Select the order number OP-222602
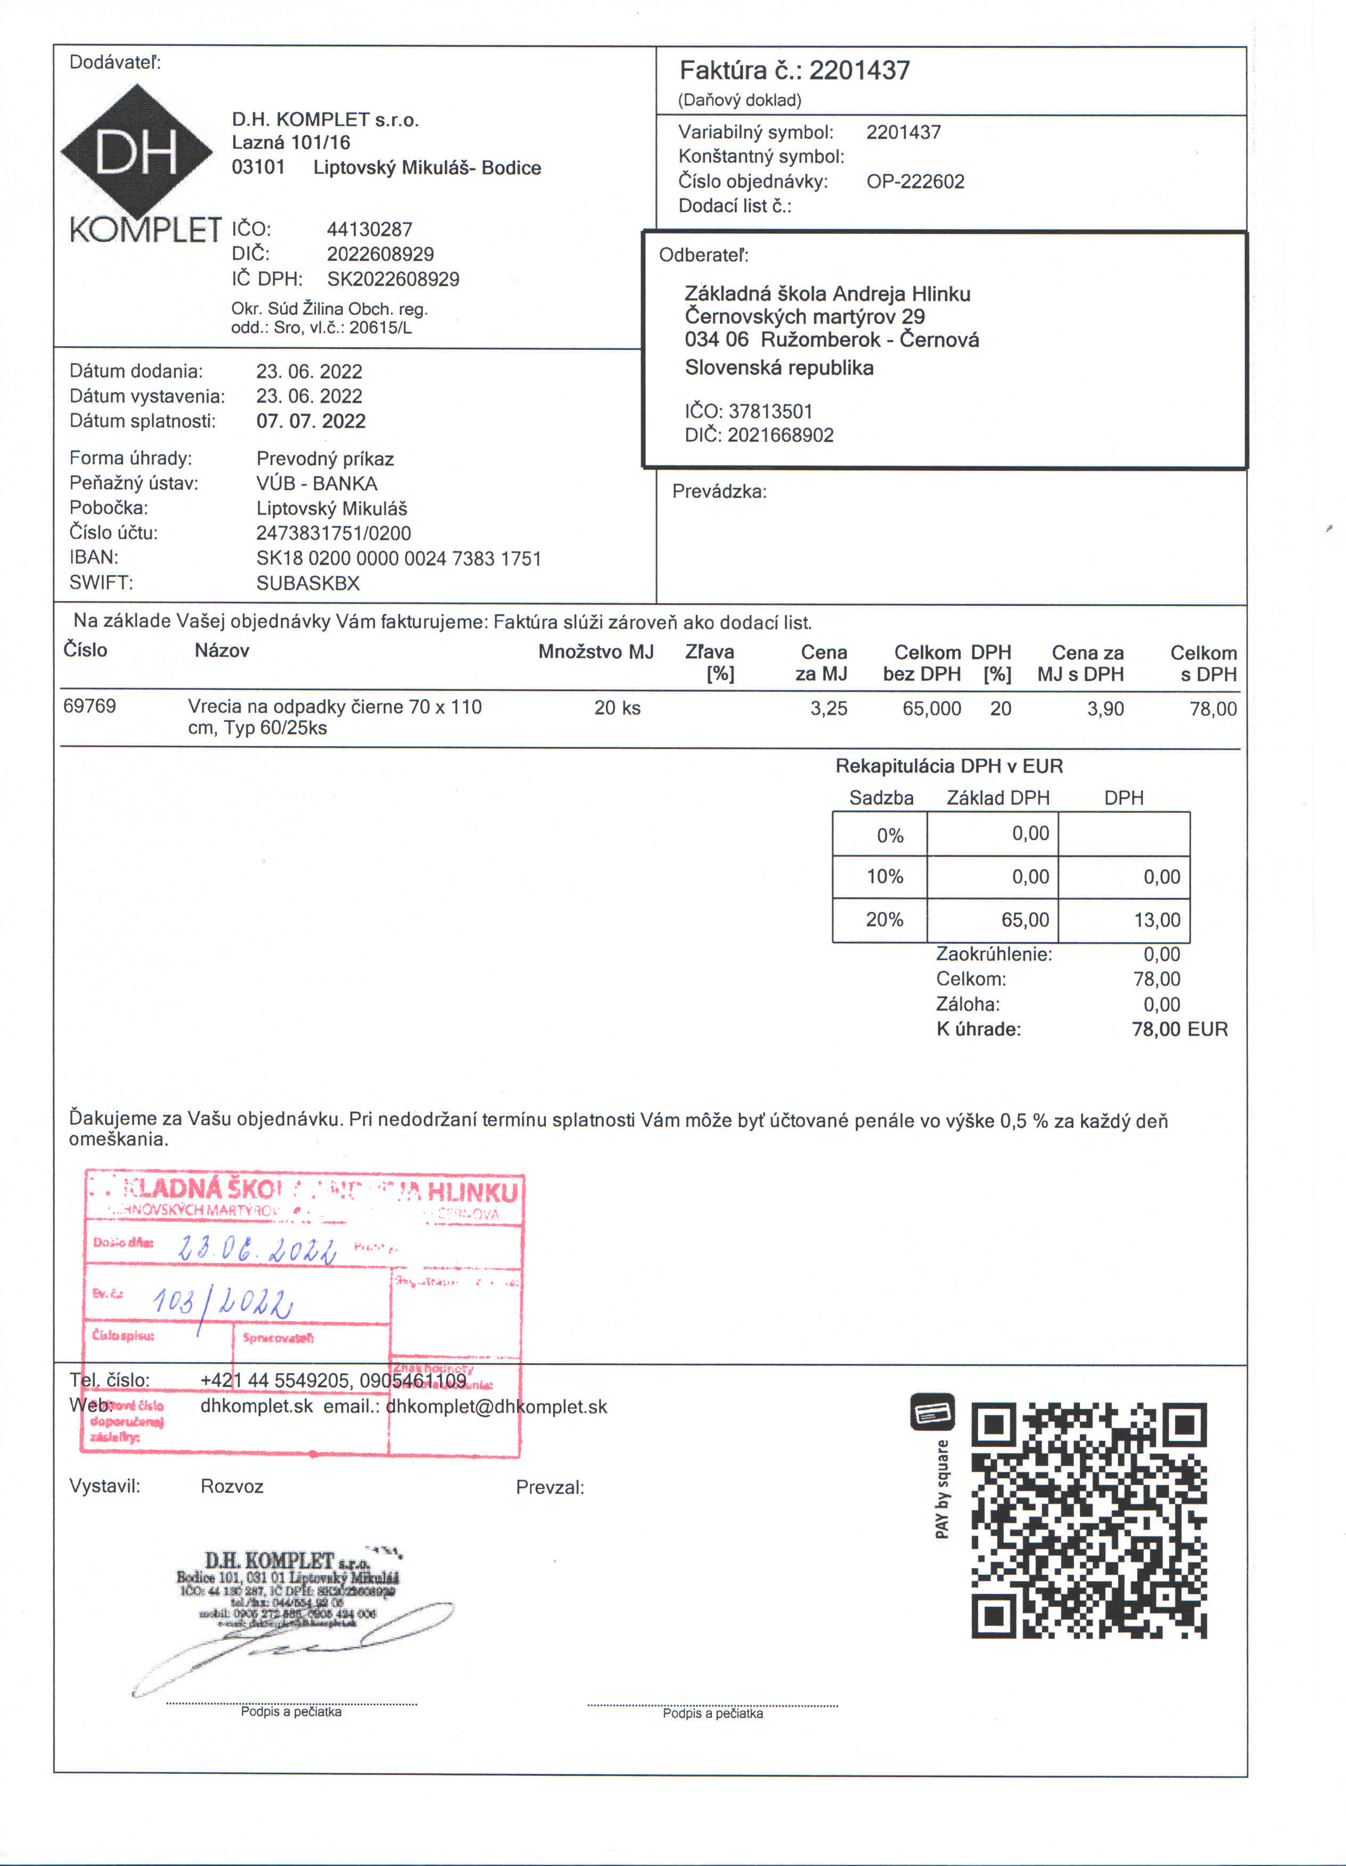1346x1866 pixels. pos(915,181)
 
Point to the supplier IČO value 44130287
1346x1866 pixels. pos(370,230)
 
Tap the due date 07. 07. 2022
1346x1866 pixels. pos(310,421)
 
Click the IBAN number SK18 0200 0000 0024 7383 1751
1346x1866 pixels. pos(398,559)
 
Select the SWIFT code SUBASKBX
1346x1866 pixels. pos(308,583)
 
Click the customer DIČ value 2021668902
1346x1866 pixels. pos(780,435)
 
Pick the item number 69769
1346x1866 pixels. pos(89,706)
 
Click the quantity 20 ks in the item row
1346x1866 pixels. pos(617,708)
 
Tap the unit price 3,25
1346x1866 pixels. pos(828,708)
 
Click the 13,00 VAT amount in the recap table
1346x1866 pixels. pos(1157,920)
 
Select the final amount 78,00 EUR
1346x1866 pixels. pos(1179,1029)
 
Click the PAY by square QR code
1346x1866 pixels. pos(1088,1520)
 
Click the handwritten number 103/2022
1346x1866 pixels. pos(222,1303)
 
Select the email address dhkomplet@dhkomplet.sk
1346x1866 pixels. pos(496,1407)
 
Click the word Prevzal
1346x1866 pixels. pos(549,1487)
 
